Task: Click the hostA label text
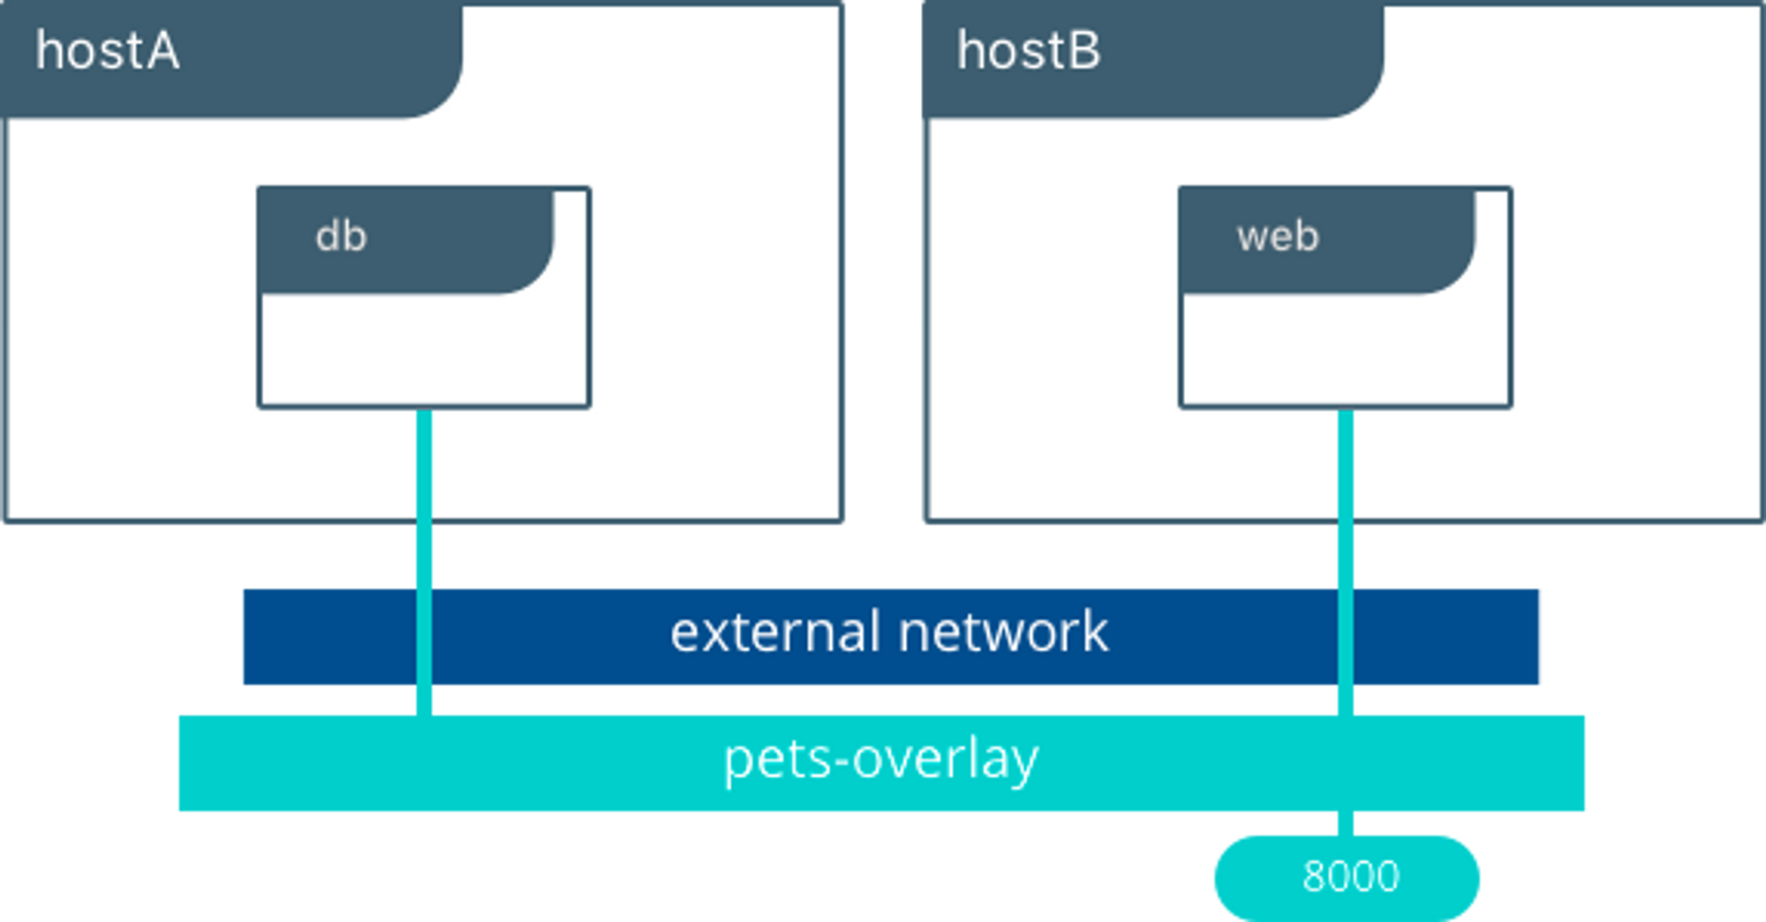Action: pyautogui.click(x=108, y=51)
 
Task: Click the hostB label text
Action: pyautogui.click(x=1030, y=51)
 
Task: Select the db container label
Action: pyautogui.click(x=341, y=237)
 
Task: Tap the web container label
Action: pyautogui.click(x=1278, y=237)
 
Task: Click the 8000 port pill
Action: pyautogui.click(x=1347, y=877)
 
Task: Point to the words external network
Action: pyautogui.click(x=889, y=632)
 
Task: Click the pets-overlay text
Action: pyautogui.click(x=880, y=760)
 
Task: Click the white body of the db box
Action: pyautogui.click(x=424, y=351)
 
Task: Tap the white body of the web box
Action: pyautogui.click(x=1346, y=351)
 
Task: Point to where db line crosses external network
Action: pyautogui.click(x=424, y=637)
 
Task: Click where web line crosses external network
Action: pyautogui.click(x=1346, y=637)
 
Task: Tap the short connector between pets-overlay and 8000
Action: pyautogui.click(x=1346, y=824)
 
